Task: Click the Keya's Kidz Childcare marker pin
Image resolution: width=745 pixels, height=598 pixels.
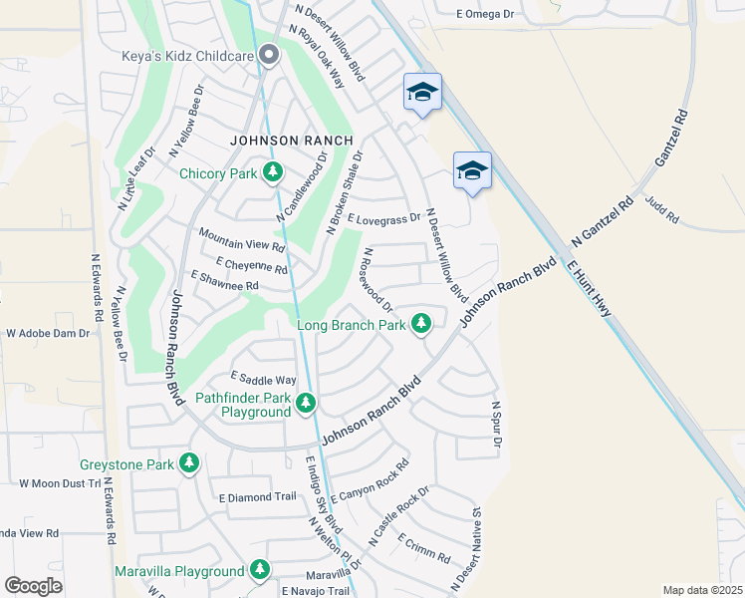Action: pos(268,56)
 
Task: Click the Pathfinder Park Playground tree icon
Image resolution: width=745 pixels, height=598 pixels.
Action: pos(306,403)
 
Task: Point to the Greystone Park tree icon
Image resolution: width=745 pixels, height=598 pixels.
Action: pos(188,463)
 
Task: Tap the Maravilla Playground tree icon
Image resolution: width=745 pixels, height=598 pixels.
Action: pos(260,570)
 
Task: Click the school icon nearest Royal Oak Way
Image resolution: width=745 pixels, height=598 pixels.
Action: pos(422,94)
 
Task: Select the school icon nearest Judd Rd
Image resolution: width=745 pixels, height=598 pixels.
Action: pos(471,170)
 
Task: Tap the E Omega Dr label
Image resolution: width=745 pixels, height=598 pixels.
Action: pos(484,14)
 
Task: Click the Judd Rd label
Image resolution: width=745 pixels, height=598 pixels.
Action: pos(661,208)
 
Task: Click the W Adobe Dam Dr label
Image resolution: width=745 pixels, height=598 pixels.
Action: pos(48,333)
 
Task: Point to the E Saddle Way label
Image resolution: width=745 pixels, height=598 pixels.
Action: pos(264,379)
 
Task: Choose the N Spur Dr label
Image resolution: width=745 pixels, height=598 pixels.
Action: pos(495,425)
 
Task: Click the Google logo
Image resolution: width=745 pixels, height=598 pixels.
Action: pos(33,585)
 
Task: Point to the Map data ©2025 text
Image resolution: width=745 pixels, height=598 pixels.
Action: pos(701,590)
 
